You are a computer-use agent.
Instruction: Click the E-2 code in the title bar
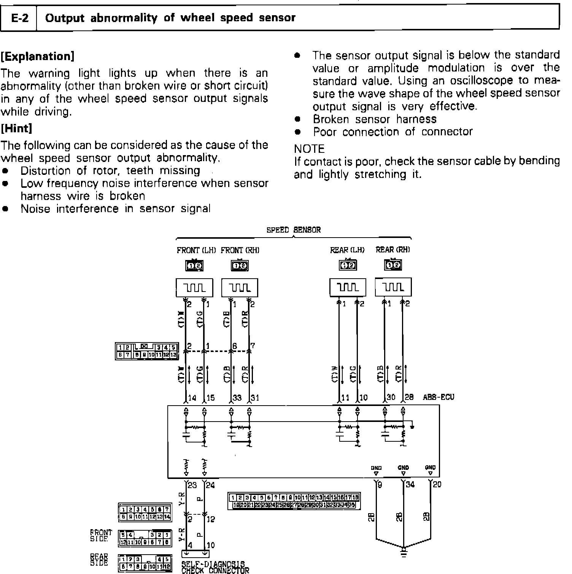[x=20, y=18]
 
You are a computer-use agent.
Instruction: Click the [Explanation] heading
[x=37, y=57]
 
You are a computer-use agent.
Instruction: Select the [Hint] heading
[x=16, y=128]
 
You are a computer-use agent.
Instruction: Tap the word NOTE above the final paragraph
[x=309, y=149]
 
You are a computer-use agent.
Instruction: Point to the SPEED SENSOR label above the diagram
[x=293, y=230]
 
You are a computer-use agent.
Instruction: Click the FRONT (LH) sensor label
[x=196, y=250]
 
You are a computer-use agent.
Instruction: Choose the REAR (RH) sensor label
[x=393, y=250]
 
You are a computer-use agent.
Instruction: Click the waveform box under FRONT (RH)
[x=240, y=288]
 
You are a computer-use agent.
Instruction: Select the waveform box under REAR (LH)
[x=348, y=288]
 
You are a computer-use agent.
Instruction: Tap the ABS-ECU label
[x=439, y=398]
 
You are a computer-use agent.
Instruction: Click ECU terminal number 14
[x=192, y=398]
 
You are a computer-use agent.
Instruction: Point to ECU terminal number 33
[x=237, y=398]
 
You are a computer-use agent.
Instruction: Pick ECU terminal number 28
[x=409, y=398]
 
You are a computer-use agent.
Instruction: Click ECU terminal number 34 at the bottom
[x=410, y=485]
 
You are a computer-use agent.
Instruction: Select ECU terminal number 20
[x=437, y=485]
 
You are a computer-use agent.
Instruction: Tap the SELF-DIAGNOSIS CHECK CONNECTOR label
[x=215, y=567]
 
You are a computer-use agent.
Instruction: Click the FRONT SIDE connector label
[x=101, y=536]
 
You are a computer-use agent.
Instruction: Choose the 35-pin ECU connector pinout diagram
[x=294, y=501]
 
